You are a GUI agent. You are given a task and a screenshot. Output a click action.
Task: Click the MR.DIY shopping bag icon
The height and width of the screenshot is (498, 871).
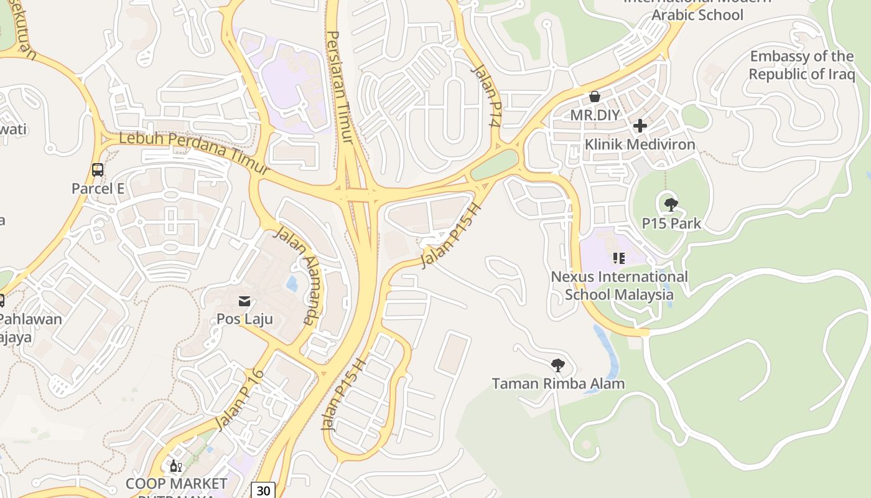point(595,96)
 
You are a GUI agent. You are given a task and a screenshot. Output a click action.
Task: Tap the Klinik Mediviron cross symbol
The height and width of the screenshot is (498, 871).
point(640,126)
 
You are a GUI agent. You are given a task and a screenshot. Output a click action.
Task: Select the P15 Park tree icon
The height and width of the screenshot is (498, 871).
point(671,204)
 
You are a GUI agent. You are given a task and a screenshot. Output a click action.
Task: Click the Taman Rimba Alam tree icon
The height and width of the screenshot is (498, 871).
point(558,365)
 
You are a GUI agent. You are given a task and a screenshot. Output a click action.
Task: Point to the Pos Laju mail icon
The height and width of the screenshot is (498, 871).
point(245,301)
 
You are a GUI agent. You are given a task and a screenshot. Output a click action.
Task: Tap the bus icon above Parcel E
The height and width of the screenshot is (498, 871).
point(98,169)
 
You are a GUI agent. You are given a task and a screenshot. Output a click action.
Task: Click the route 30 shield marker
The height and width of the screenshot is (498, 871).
point(263,491)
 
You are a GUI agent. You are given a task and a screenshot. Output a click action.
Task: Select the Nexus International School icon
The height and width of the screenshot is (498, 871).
point(618,258)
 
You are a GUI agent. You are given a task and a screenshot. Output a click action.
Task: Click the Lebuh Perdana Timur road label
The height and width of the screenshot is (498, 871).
point(194,151)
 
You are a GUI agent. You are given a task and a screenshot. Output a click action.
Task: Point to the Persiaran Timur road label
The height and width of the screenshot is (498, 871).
point(341,87)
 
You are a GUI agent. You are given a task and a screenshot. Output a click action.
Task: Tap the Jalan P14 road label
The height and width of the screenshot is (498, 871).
point(486,96)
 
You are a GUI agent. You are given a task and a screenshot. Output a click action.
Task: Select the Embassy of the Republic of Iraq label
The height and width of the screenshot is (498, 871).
point(801,65)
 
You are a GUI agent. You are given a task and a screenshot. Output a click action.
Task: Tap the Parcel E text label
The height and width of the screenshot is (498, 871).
point(98,189)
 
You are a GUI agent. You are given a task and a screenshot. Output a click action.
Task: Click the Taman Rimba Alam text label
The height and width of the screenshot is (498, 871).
point(558,383)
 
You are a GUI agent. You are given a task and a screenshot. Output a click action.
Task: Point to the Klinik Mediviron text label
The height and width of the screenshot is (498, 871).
point(640,144)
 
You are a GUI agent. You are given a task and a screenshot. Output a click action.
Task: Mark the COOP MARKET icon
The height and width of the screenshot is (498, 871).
point(176,466)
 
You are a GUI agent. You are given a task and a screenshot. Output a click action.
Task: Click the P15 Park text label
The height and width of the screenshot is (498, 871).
point(671,223)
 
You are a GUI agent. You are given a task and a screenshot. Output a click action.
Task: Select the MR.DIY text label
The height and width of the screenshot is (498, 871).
point(595,115)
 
